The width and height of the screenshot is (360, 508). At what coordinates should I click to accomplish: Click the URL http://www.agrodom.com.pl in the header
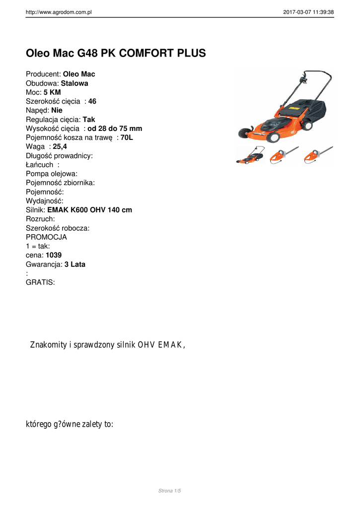(x=59, y=12)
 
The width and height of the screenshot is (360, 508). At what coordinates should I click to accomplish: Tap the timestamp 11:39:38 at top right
(x=322, y=12)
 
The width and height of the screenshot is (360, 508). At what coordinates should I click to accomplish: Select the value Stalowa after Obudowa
(x=74, y=83)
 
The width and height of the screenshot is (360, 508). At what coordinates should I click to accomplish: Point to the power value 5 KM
(x=52, y=92)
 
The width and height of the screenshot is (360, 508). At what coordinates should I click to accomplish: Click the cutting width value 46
(x=92, y=101)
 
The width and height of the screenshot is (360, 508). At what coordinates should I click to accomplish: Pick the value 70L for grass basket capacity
(x=127, y=137)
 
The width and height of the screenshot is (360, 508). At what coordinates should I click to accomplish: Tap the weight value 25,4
(x=60, y=146)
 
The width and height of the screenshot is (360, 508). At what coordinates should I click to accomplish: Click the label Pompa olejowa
(x=52, y=174)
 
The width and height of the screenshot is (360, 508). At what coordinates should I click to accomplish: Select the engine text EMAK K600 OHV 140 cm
(x=89, y=210)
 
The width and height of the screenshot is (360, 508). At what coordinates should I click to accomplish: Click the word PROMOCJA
(x=46, y=237)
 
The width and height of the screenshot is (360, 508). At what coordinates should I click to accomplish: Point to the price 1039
(x=54, y=255)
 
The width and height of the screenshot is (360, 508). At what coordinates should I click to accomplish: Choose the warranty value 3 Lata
(x=74, y=264)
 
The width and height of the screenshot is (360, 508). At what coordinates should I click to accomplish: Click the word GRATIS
(x=40, y=282)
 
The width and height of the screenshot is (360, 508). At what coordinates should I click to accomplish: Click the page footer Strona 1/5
(x=170, y=491)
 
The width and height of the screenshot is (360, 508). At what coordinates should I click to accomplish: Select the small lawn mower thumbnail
(x=249, y=156)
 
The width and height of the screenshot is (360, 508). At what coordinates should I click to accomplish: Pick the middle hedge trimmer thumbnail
(x=284, y=155)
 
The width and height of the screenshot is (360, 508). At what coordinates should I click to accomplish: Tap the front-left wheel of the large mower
(x=244, y=133)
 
